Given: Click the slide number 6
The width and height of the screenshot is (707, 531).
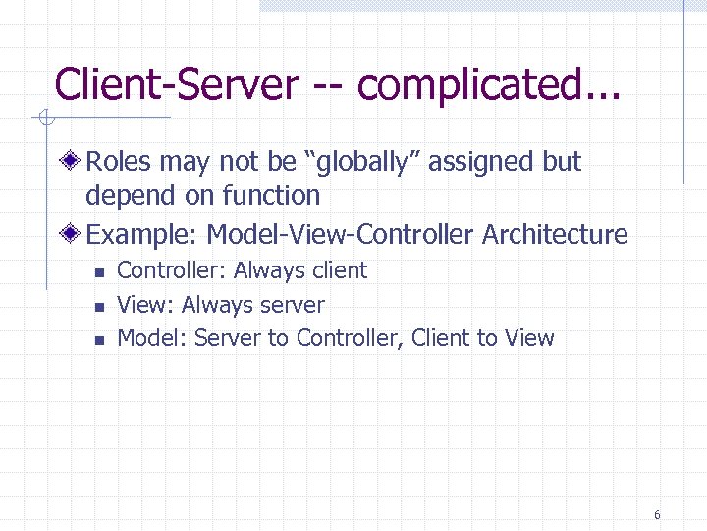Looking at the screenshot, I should [656, 515].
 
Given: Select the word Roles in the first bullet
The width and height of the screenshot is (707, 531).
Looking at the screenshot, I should [119, 162].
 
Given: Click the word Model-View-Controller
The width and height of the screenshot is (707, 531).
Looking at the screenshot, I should [340, 234].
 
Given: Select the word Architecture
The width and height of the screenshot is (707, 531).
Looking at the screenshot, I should [556, 234].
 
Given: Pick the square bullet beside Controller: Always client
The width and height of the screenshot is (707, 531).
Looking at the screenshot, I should [98, 272].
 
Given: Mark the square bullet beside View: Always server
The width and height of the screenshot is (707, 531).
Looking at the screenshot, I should [98, 307].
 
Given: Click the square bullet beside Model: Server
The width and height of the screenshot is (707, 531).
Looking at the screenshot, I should [98, 340].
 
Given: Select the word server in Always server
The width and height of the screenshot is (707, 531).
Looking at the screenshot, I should [290, 306].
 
